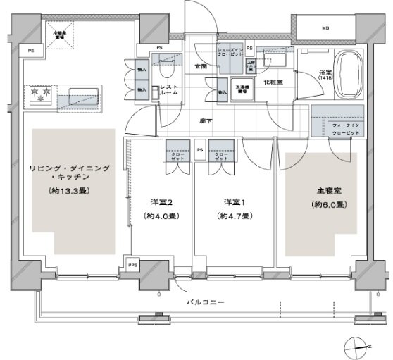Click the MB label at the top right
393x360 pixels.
(x=325, y=29)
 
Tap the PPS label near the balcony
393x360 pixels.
(x=132, y=265)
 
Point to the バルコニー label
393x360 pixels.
(x=206, y=302)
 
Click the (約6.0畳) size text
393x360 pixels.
(x=320, y=205)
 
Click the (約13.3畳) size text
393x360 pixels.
(x=68, y=191)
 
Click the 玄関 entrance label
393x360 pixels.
(x=201, y=66)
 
